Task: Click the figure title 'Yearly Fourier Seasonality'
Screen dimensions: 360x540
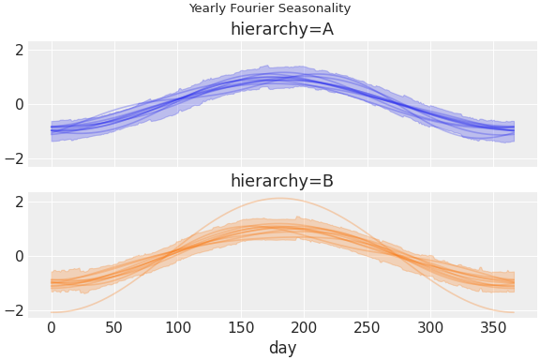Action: (270, 8)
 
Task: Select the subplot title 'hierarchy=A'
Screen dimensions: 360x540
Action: (282, 29)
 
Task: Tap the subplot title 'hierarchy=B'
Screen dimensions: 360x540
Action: (282, 181)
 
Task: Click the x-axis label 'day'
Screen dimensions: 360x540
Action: (282, 348)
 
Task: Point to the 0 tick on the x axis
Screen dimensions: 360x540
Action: (51, 327)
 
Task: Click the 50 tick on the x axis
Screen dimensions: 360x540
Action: (114, 327)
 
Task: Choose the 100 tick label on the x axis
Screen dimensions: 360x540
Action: (177, 327)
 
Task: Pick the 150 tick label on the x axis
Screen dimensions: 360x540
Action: (241, 327)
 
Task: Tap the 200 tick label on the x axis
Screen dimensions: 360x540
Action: (304, 327)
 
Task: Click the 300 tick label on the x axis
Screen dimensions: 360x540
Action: (430, 327)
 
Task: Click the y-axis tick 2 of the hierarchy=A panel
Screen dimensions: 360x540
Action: (17, 50)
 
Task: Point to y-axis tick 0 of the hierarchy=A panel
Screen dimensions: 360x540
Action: (17, 104)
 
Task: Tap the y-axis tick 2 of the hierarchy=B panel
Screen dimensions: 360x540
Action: (17, 202)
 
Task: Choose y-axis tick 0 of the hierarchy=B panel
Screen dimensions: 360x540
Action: (17, 256)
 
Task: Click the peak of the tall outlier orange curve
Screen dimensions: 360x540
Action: (280, 198)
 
